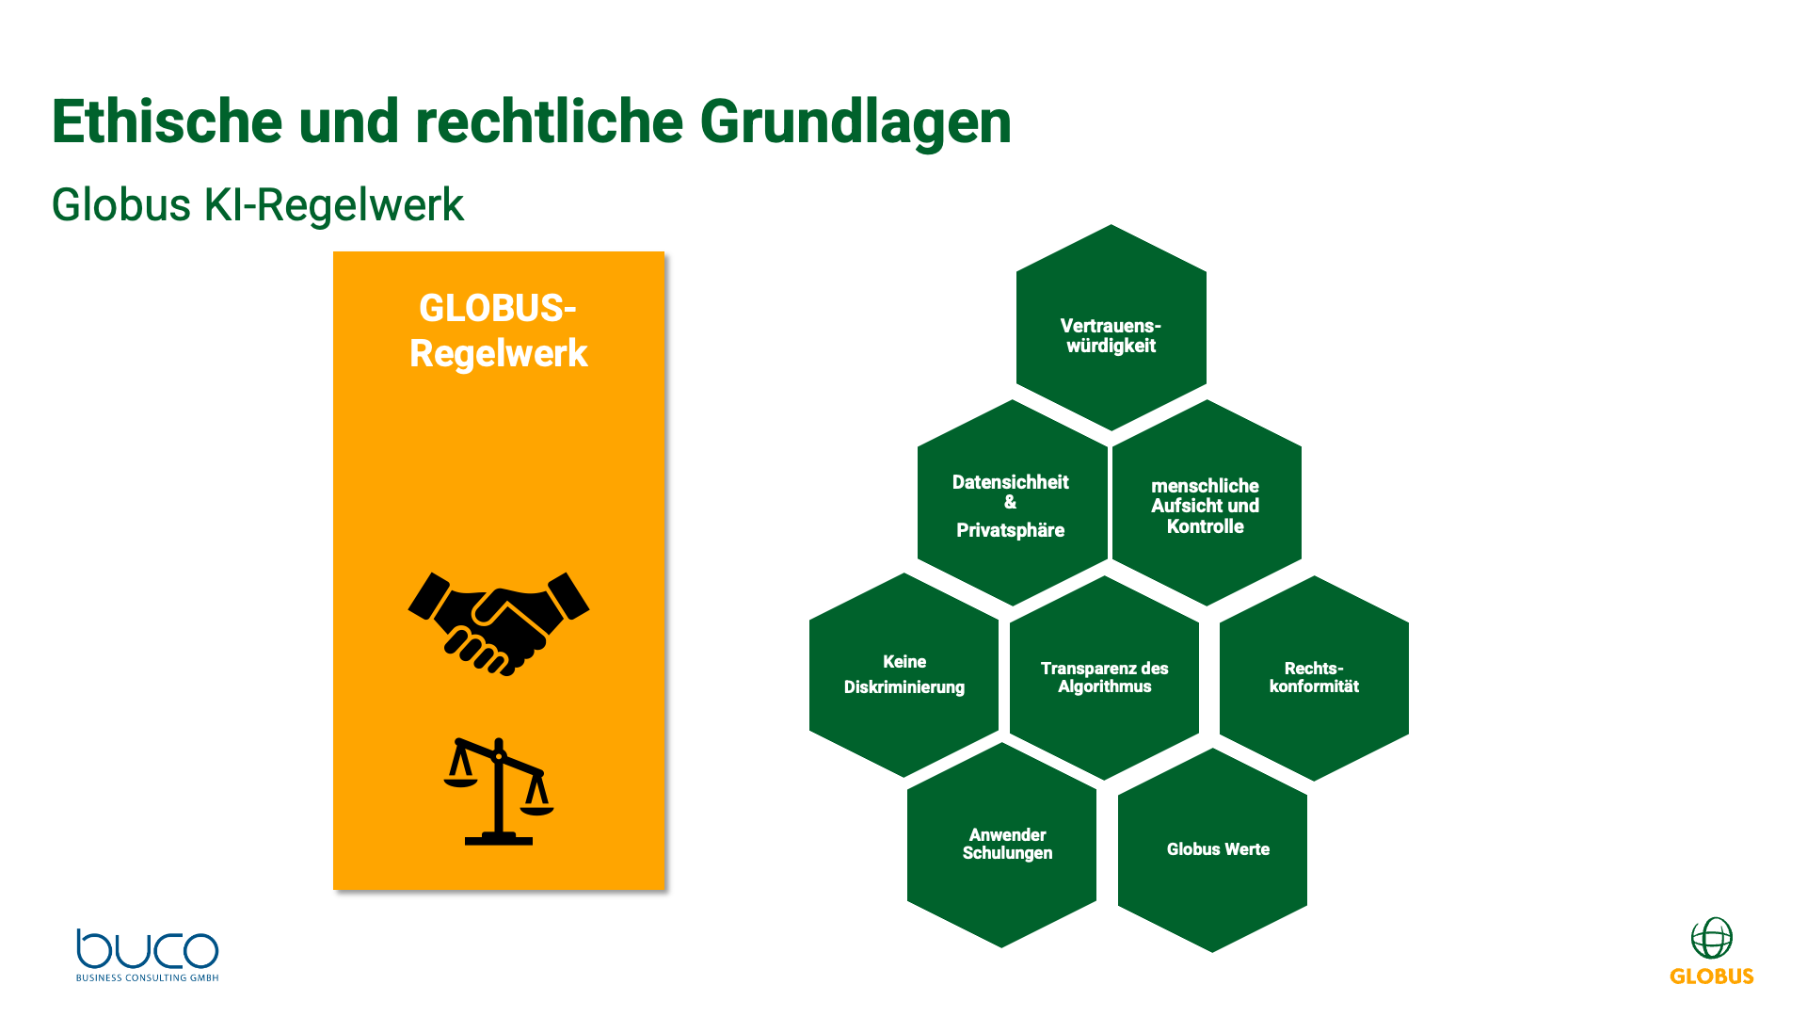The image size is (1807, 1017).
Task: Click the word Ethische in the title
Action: (x=167, y=121)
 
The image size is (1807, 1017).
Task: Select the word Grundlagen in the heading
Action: (x=855, y=121)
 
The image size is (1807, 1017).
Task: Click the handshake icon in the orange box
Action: (x=498, y=622)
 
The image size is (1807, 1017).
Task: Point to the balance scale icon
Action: (x=499, y=791)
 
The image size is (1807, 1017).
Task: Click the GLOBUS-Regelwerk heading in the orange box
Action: (x=498, y=331)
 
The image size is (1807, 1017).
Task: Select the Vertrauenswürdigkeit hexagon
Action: (x=1111, y=328)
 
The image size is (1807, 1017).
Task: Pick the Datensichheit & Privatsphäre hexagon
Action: (x=1012, y=503)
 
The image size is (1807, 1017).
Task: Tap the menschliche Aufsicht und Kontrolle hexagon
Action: (x=1206, y=503)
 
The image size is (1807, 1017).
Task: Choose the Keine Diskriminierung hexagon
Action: (x=903, y=675)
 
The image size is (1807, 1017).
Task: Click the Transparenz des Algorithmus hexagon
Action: (x=1104, y=677)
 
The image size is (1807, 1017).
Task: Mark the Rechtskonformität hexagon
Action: (x=1314, y=678)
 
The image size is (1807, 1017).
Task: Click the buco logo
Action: (x=147, y=949)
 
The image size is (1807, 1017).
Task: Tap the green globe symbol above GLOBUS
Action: (x=1711, y=938)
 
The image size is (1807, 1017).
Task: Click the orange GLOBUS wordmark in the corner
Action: (x=1711, y=977)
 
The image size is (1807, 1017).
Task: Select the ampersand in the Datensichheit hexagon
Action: (x=1010, y=503)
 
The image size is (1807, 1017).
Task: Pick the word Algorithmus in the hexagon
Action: (x=1104, y=687)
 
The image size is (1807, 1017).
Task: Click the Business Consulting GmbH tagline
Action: (x=147, y=978)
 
